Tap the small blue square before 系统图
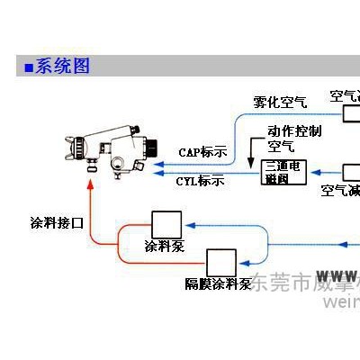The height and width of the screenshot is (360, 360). click(x=29, y=67)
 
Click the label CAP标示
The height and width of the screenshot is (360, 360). click(x=202, y=150)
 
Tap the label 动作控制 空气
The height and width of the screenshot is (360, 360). click(x=293, y=137)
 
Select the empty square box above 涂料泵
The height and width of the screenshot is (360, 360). click(x=166, y=225)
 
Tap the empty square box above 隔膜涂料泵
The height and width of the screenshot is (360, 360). click(x=220, y=262)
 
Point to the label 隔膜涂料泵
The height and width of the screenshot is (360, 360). click(x=217, y=284)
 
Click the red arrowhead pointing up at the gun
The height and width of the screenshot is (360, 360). click(x=92, y=184)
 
